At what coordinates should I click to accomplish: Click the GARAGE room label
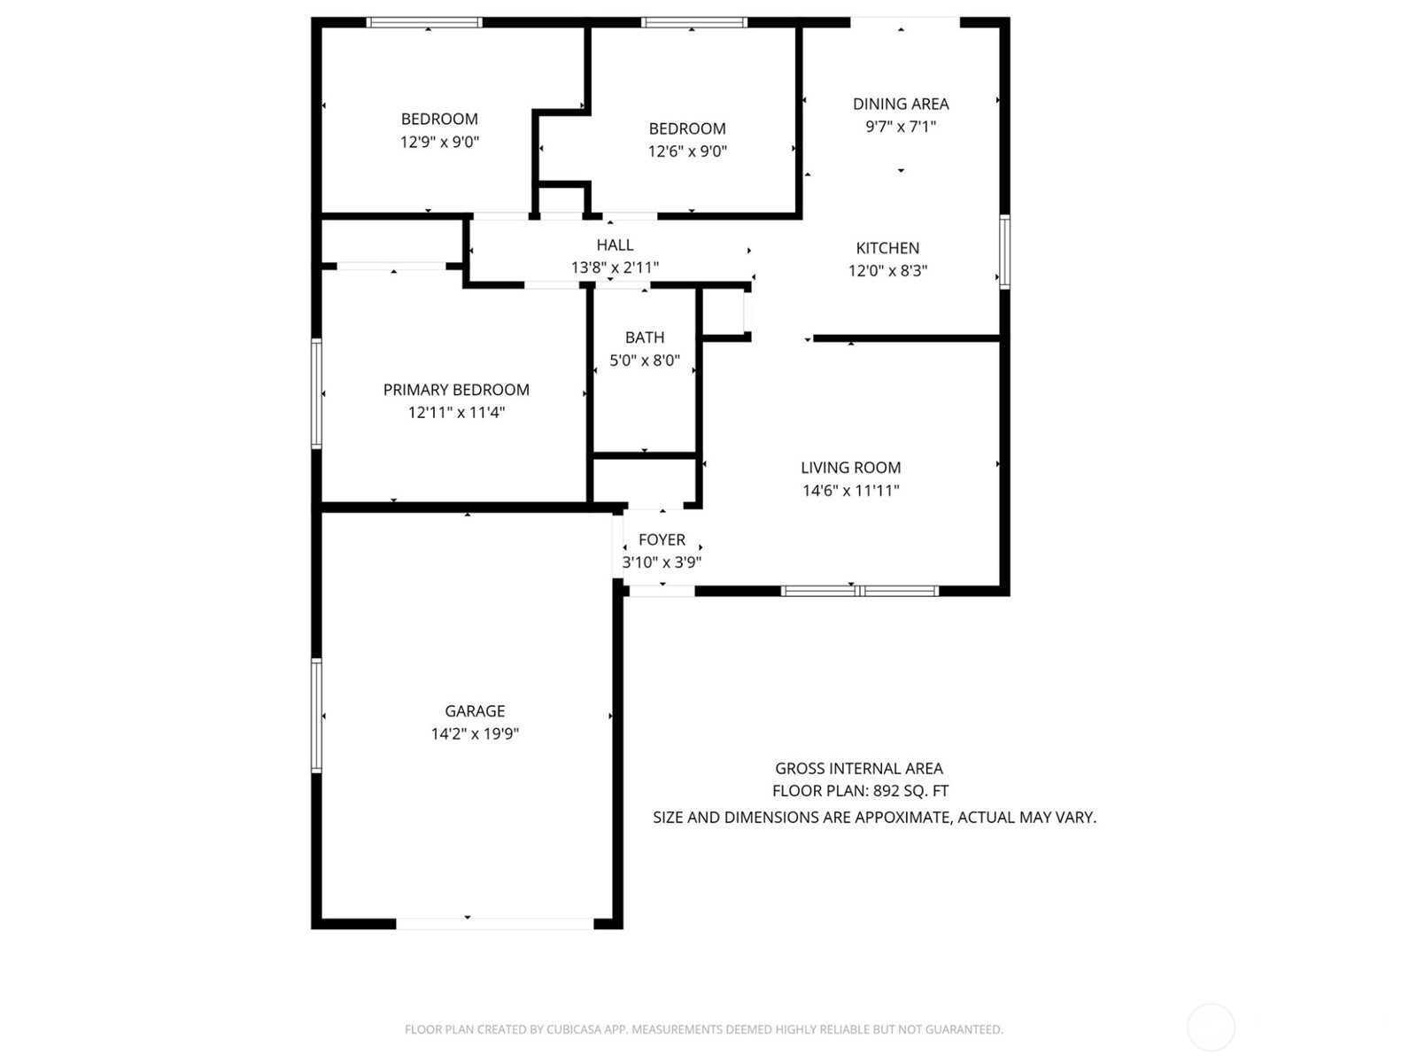click(475, 710)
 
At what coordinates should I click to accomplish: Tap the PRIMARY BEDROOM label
click(456, 390)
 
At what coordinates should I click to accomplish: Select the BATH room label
click(644, 338)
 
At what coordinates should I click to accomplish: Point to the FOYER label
click(662, 539)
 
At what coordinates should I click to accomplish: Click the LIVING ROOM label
click(851, 468)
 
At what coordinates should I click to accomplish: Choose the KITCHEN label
click(887, 248)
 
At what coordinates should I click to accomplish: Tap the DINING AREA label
click(901, 104)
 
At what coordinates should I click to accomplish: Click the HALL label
click(615, 245)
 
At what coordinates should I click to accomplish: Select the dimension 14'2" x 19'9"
click(475, 733)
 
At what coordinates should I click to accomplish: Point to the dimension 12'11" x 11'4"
click(456, 413)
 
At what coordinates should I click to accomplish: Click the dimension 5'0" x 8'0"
click(645, 361)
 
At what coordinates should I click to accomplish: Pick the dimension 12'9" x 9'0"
click(439, 142)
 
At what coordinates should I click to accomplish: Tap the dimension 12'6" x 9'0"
click(687, 151)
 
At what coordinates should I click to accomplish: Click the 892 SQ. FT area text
click(911, 791)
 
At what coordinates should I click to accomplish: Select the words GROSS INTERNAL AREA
click(858, 769)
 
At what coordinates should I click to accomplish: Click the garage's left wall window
click(316, 715)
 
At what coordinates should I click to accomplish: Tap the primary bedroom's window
click(316, 393)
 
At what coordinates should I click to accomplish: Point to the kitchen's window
click(1004, 252)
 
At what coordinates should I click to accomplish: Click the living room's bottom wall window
click(859, 591)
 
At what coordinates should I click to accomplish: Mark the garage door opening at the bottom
click(494, 924)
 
